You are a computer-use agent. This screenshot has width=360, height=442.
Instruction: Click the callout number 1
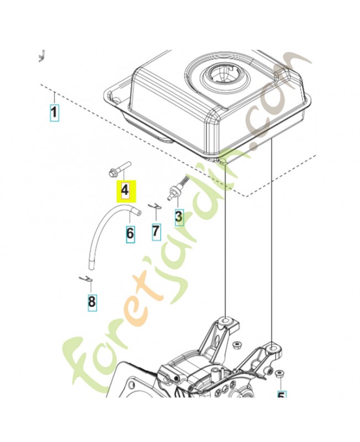54,113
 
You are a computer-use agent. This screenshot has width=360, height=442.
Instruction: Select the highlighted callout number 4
125,191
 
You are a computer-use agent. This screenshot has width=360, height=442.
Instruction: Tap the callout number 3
178,217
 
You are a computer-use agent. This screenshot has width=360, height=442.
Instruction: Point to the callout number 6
130,234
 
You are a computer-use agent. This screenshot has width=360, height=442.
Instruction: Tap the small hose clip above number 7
156,209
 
